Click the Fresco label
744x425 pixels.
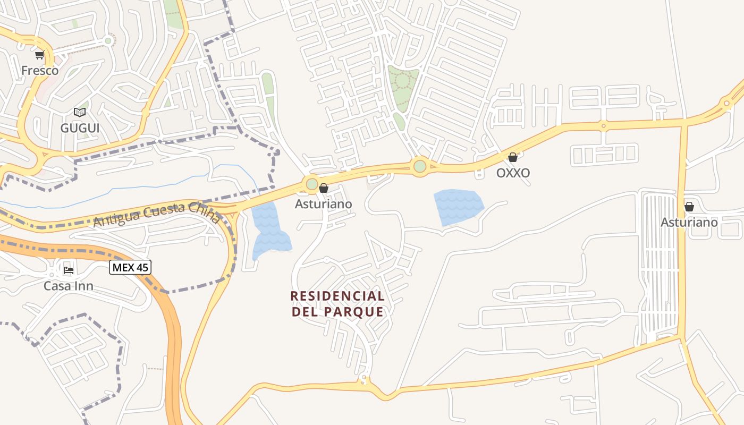40,70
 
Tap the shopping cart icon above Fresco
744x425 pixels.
40,55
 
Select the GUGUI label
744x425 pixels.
80,128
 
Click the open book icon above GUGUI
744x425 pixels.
80,112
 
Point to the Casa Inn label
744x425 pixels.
69,286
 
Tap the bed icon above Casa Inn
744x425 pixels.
69,270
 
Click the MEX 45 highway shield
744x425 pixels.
130,267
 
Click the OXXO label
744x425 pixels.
513,173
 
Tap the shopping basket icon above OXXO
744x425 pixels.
513,157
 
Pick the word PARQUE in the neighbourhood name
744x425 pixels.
353,312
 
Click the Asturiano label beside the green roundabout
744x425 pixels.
324,204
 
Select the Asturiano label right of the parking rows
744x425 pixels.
689,222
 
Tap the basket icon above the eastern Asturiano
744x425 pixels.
689,207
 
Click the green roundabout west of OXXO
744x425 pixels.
420,166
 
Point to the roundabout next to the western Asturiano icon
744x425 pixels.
311,184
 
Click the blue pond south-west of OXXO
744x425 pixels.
458,206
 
